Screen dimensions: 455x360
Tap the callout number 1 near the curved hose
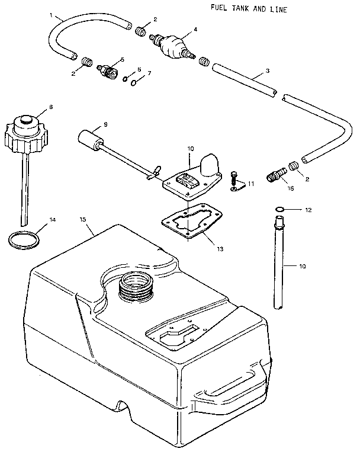[x=52, y=14]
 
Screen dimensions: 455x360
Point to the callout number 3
[x=268, y=71]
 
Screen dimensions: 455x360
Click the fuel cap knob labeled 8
[x=28, y=133]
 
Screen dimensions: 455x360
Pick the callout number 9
[x=105, y=124]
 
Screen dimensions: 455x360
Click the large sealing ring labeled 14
[x=25, y=240]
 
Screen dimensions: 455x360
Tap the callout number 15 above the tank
[x=83, y=220]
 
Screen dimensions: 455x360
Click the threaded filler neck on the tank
[x=136, y=290]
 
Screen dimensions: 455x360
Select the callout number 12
[x=308, y=210]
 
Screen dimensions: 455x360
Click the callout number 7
[x=149, y=73]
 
